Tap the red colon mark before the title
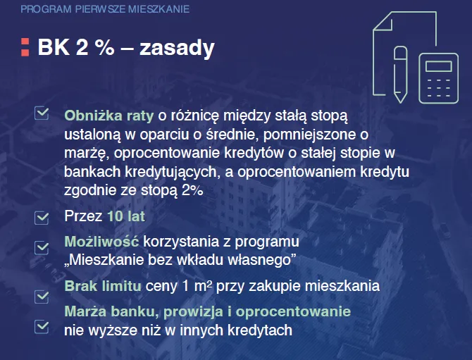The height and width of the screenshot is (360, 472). pos(25,46)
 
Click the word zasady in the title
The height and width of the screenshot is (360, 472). pos(177,47)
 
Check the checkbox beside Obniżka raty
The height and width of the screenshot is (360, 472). pos(42,113)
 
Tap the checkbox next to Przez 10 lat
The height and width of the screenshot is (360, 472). pos(42,217)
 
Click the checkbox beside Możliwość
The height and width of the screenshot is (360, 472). pos(42,247)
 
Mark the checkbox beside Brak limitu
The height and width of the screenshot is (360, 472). pos(42,296)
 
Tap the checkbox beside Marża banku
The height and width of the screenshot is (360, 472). pos(42,325)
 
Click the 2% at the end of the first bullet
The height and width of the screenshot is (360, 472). pos(192,190)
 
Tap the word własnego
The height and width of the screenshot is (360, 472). pos(263,260)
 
